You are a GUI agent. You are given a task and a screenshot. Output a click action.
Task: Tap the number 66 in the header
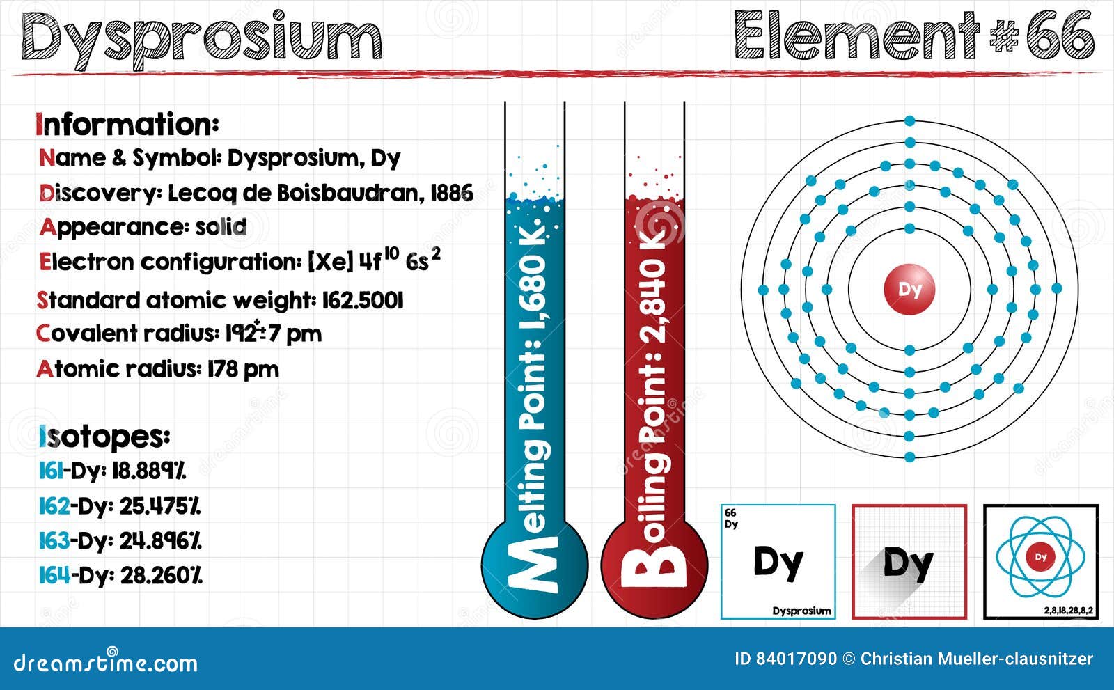(1060, 35)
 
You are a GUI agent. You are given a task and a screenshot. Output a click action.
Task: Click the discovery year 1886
(452, 193)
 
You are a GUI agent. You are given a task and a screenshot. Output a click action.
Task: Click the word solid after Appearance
(221, 227)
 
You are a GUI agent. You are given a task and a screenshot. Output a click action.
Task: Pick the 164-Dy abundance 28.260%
(161, 575)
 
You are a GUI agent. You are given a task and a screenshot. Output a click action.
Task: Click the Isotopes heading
(105, 437)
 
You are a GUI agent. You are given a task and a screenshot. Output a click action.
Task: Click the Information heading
(127, 124)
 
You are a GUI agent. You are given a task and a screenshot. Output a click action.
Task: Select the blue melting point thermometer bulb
(535, 567)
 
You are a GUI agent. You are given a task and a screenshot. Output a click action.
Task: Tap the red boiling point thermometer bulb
(654, 567)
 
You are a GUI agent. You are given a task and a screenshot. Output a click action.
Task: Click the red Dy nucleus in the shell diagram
(909, 289)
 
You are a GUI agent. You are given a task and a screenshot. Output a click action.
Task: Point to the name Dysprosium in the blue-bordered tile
(801, 611)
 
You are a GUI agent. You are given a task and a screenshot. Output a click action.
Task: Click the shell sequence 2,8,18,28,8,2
(1068, 611)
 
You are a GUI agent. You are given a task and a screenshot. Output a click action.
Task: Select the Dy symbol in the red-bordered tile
(909, 564)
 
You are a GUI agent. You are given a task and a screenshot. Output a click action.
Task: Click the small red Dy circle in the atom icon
(1041, 557)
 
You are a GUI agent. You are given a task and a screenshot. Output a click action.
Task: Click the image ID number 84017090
(796, 659)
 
